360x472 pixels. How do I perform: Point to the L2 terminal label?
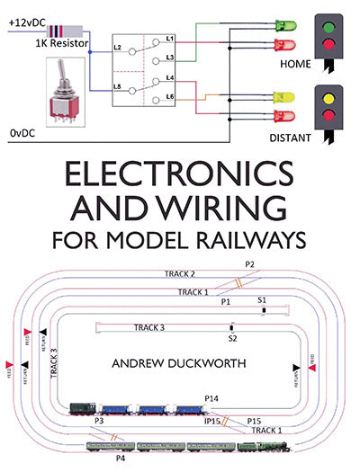tap(117, 45)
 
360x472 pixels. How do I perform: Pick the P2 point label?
tap(249, 264)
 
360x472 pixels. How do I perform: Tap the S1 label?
tap(261, 298)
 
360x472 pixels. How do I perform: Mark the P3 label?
tap(99, 421)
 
